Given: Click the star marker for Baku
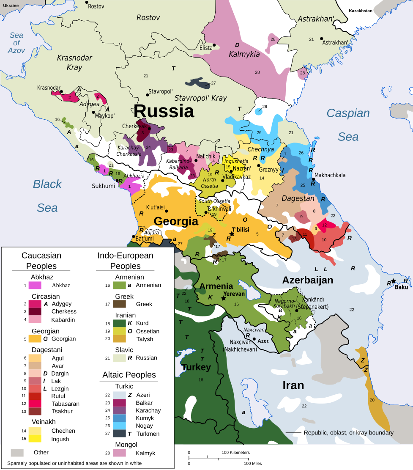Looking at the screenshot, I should click(394, 281).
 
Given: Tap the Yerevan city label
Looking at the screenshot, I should click(234, 294).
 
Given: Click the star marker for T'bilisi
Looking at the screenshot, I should click(232, 234).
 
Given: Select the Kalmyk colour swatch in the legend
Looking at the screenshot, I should click(120, 453).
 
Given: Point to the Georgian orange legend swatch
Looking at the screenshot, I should click(35, 339).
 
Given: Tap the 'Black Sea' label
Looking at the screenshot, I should click(47, 195).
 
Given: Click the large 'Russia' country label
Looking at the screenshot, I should click(164, 111).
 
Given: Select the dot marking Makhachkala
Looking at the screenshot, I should click(313, 180).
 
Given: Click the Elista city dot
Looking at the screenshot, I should click(214, 45).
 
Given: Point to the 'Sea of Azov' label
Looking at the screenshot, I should click(16, 43).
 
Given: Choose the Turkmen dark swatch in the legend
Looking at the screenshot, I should click(120, 434).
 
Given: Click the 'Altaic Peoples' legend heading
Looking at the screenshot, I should click(129, 375).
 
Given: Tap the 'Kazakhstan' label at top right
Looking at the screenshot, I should click(360, 11).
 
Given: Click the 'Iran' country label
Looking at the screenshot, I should click(293, 385).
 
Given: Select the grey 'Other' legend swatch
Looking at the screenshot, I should click(17, 452).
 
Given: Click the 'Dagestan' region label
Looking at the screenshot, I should click(298, 198).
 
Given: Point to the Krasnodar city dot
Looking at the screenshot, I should click(61, 91).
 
